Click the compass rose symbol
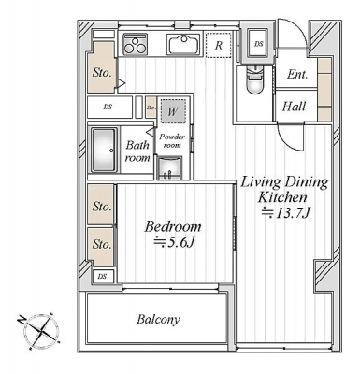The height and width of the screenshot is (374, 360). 39,331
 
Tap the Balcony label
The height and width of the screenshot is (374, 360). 158,320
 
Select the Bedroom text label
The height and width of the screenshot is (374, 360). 173,227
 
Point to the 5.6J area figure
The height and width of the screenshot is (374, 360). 174,243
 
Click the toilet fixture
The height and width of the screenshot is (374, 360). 254,79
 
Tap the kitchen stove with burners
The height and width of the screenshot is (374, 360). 136,44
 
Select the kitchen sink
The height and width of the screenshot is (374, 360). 184,44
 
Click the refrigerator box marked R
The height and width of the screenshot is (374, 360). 219,45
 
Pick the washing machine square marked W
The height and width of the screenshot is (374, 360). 173,111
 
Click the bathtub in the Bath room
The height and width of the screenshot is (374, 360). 105,151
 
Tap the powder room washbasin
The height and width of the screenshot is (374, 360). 169,168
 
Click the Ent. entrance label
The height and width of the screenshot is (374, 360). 297,74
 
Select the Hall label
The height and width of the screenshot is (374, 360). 295,107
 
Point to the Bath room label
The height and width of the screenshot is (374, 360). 137,151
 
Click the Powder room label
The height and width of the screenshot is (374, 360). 172,141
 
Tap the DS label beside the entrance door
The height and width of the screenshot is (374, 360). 258,44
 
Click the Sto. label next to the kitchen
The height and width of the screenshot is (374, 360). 102,73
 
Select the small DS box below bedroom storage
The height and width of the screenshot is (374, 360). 103,276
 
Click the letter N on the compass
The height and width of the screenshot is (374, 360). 22,319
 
